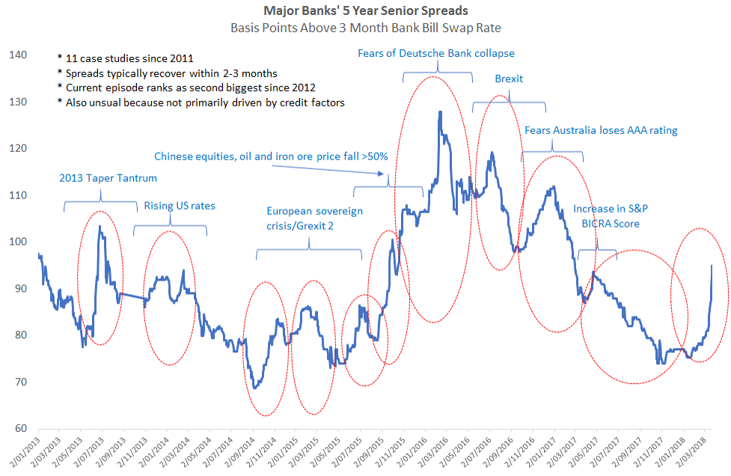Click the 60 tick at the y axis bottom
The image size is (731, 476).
tap(19, 429)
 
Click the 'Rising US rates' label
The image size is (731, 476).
tap(171, 206)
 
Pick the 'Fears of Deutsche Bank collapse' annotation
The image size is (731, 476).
tap(437, 53)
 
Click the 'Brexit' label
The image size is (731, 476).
tap(509, 79)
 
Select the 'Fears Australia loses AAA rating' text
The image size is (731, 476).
tap(601, 130)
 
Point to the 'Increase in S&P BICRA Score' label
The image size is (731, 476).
tap(607, 216)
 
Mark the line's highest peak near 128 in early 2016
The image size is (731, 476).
tap(440, 112)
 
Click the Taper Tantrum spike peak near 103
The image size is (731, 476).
tap(100, 226)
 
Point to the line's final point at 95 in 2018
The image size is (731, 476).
tap(711, 265)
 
